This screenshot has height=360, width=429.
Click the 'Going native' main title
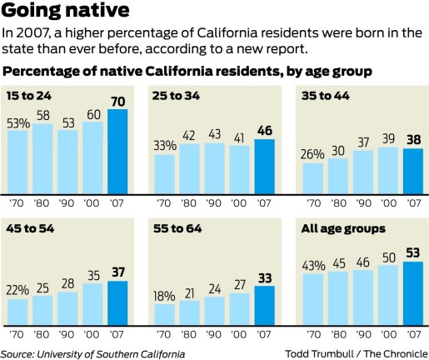tap(65, 12)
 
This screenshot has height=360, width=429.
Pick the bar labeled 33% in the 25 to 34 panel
tap(164, 172)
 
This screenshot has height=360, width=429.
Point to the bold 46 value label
tap(265, 131)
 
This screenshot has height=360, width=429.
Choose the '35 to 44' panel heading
tap(322, 97)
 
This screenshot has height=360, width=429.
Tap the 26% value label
tap(312, 154)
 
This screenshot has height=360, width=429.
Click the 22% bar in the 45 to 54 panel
tap(17, 312)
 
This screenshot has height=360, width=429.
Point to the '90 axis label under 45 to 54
tap(68, 335)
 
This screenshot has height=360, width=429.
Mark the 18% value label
tap(164, 296)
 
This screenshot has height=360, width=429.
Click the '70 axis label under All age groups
tap(313, 335)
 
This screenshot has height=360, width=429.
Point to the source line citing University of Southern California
tap(92, 353)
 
